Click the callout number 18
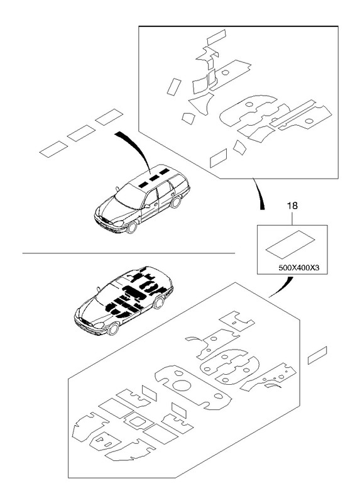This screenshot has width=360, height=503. pyautogui.click(x=292, y=206)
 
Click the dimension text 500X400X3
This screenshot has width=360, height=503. pyautogui.click(x=299, y=268)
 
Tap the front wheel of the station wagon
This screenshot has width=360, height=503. pyautogui.click(x=131, y=227)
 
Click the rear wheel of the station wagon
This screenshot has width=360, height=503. pyautogui.click(x=175, y=202)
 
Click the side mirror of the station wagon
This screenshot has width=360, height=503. pyautogui.click(x=146, y=206)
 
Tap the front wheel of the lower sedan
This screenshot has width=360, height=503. pyautogui.click(x=113, y=328)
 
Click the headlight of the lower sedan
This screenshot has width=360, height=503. pyautogui.click(x=98, y=325)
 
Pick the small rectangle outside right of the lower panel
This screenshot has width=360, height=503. pyautogui.click(x=317, y=355)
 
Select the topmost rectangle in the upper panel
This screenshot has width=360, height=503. pyautogui.click(x=216, y=37)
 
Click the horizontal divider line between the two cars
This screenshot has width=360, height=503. pyautogui.click(x=129, y=253)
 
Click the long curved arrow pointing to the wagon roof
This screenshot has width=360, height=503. pyautogui.click(x=138, y=148)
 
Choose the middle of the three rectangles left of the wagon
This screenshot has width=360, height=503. pyautogui.click(x=81, y=133)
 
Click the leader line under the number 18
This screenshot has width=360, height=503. pyautogui.click(x=292, y=218)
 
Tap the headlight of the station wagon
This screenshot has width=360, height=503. pyautogui.click(x=118, y=223)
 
